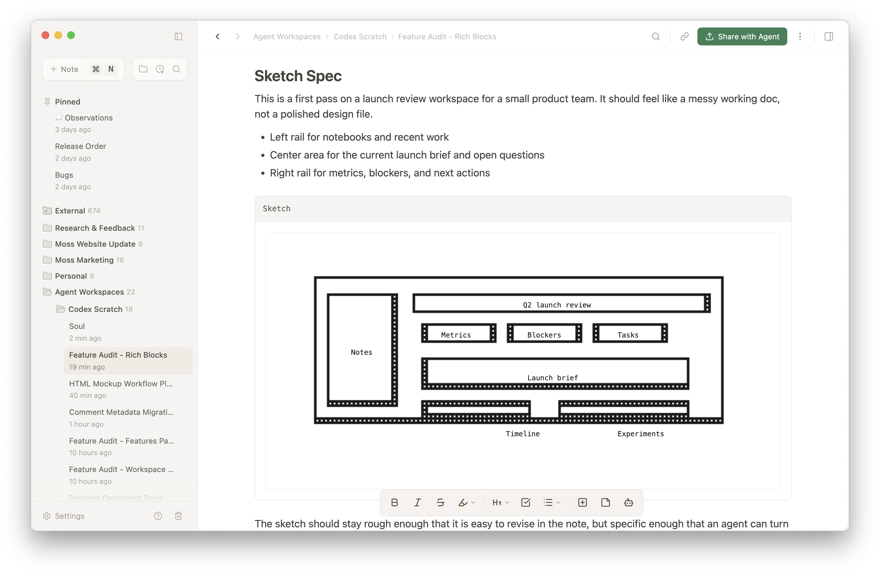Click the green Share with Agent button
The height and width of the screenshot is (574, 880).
[x=742, y=36]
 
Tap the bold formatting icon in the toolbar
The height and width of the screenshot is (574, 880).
[x=395, y=502]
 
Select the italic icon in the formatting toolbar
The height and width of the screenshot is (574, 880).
[x=417, y=502]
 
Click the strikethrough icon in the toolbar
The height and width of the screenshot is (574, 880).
[x=440, y=502]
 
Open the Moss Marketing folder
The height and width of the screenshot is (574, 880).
[x=84, y=260]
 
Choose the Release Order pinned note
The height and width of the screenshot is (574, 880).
[x=81, y=146]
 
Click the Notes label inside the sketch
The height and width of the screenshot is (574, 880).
[x=361, y=352]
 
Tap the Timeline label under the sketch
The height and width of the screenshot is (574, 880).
[x=522, y=434]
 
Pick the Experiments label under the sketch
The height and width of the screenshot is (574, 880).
[x=640, y=434]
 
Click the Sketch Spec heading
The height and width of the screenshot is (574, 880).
[x=298, y=76]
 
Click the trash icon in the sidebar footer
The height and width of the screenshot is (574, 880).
[x=178, y=516]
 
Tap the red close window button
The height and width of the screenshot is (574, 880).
[x=45, y=35]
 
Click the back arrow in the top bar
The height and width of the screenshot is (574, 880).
[x=218, y=36]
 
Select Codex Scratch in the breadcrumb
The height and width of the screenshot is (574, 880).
[x=360, y=36]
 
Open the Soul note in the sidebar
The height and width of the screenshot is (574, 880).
[x=77, y=326]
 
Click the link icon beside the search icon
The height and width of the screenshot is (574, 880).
[x=684, y=36]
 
